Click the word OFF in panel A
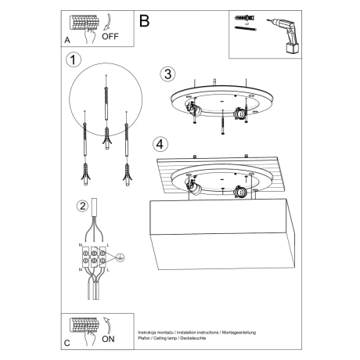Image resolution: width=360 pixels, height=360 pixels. [x=110, y=36]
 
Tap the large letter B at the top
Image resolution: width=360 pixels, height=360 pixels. [x=143, y=22]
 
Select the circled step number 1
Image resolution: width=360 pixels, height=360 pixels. [x=74, y=59]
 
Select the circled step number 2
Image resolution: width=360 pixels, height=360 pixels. [x=82, y=207]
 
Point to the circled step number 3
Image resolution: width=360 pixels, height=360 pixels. [x=167, y=74]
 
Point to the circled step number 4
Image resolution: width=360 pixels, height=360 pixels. [x=160, y=144]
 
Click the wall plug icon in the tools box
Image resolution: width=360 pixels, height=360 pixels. [x=242, y=18]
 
